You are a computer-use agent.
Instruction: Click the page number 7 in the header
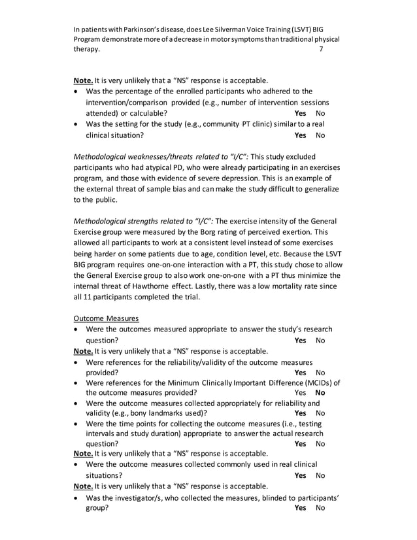pos(320,49)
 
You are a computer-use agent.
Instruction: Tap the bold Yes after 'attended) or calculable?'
pos(300,113)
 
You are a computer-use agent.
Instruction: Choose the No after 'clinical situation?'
pos(320,135)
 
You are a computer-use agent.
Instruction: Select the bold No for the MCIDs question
pos(320,393)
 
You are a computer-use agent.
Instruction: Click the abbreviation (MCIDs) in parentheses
pos(316,382)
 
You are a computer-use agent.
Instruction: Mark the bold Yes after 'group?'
pos(300,508)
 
